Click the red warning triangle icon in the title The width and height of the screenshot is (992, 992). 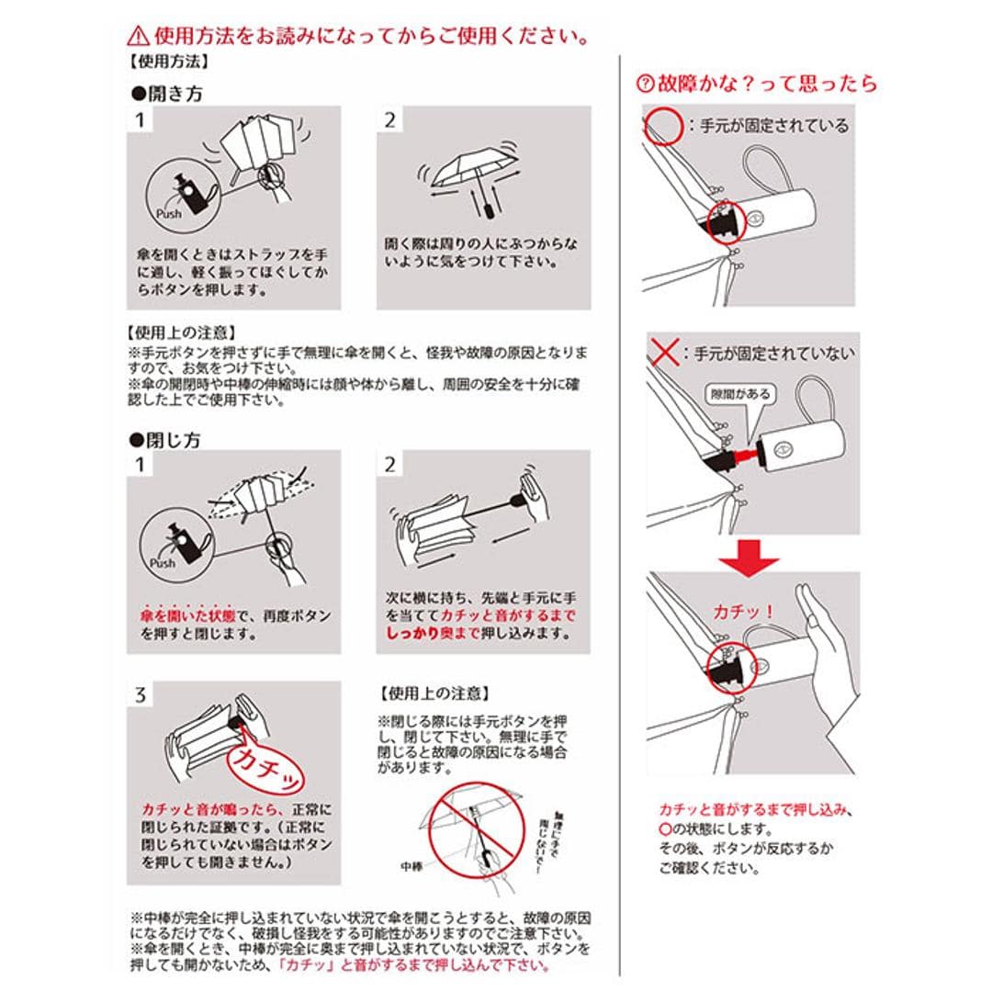[138, 36]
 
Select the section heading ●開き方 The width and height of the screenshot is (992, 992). [166, 94]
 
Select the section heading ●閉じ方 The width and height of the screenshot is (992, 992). [165, 440]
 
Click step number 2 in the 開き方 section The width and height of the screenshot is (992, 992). [390, 119]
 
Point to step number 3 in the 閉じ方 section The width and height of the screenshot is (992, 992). [140, 694]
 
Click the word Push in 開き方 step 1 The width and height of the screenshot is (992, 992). [168, 214]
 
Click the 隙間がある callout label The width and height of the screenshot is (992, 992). [740, 393]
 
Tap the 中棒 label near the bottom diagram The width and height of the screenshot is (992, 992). [415, 865]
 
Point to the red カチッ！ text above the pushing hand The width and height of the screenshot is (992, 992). [743, 612]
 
